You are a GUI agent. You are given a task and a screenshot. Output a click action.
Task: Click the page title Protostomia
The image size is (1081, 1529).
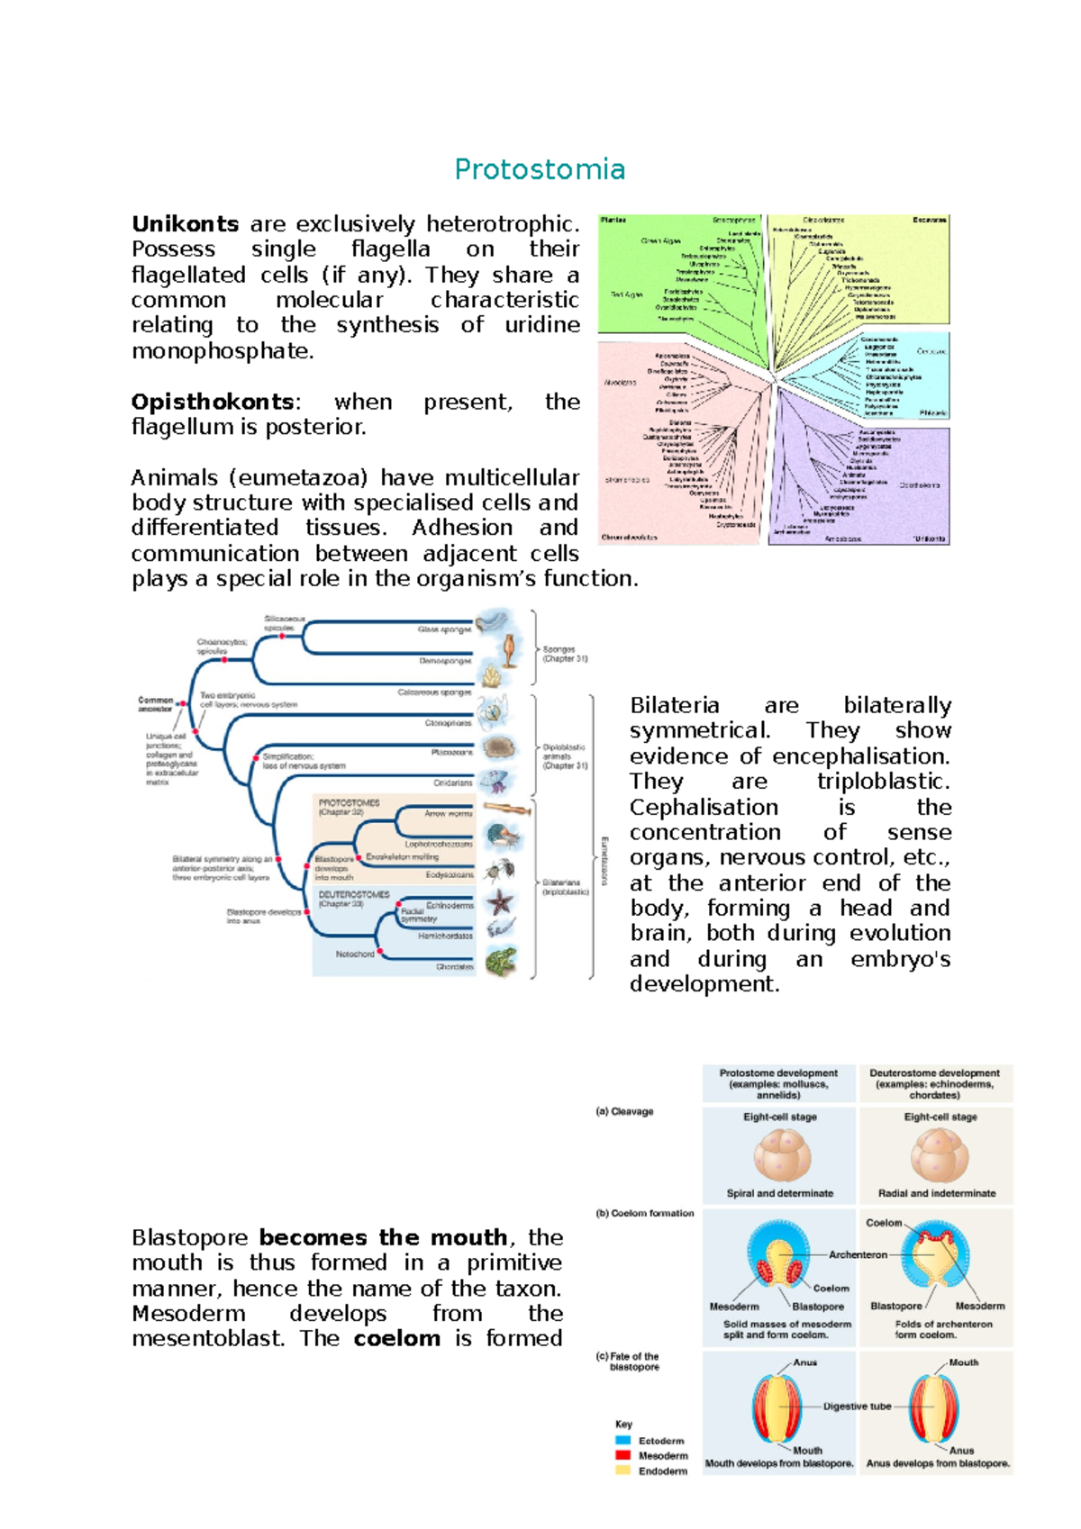point(540,169)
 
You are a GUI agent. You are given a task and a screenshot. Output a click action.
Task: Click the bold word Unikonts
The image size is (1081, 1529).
point(185,224)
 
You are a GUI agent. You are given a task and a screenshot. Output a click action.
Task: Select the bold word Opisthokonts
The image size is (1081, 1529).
point(213,402)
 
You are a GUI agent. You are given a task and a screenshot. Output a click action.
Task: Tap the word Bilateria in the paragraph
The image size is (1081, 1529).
point(674,705)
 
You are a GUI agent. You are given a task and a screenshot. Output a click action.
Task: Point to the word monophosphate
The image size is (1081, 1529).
point(223,351)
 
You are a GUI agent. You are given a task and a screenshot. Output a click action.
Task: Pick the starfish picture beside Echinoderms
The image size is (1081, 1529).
point(500,901)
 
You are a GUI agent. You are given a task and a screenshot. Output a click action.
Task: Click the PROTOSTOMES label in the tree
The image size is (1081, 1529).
point(349,802)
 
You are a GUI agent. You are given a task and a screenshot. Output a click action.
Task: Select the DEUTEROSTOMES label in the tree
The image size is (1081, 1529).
point(354,894)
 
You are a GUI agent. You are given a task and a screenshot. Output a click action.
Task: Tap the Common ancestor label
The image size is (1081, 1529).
point(155,703)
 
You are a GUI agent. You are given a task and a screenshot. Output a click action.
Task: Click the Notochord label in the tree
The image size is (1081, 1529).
point(355,954)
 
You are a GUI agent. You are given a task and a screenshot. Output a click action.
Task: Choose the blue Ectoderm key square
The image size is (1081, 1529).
point(622,1440)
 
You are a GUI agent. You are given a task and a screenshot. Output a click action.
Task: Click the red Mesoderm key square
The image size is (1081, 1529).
point(622,1455)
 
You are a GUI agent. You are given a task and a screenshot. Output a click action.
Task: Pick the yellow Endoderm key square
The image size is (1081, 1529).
point(622,1470)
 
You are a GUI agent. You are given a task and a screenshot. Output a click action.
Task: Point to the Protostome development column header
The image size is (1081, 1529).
point(778,1083)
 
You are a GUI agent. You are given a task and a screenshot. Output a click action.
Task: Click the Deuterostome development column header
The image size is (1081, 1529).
point(934,1083)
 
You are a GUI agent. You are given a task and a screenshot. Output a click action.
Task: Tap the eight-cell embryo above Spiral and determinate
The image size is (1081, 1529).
point(780,1155)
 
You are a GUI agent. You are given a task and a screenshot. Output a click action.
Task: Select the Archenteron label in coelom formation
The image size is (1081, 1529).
point(858,1254)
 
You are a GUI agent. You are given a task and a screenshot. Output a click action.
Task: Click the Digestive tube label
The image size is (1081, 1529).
point(857,1406)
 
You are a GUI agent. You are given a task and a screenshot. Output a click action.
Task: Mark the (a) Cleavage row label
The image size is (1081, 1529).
point(624,1111)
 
